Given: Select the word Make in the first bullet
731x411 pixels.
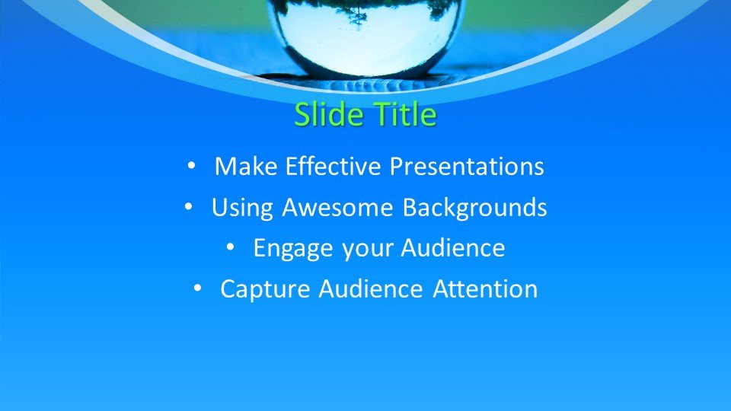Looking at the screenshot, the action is [x=246, y=167].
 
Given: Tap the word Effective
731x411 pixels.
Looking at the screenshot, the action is [x=334, y=167].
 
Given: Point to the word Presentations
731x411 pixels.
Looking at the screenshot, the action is [x=467, y=167].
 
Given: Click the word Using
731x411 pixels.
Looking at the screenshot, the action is [x=242, y=208].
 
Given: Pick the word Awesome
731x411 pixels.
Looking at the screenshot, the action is [x=337, y=207].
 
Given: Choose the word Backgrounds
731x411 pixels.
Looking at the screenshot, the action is [x=474, y=208].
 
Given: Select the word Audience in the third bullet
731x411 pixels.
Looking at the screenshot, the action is [x=452, y=248].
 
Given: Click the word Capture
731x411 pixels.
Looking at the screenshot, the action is [x=265, y=289].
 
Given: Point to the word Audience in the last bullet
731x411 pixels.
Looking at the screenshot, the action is [x=371, y=289].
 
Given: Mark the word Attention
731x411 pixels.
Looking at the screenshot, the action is [x=485, y=289].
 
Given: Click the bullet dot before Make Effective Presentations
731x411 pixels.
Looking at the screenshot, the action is [x=191, y=165].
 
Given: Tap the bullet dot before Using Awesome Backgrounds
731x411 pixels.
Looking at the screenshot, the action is [x=188, y=206].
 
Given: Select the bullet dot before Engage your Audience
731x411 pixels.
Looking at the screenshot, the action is [x=230, y=247].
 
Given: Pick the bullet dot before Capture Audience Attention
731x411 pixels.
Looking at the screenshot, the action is [x=197, y=288].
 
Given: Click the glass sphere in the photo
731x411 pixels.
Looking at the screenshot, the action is [x=365, y=37].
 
